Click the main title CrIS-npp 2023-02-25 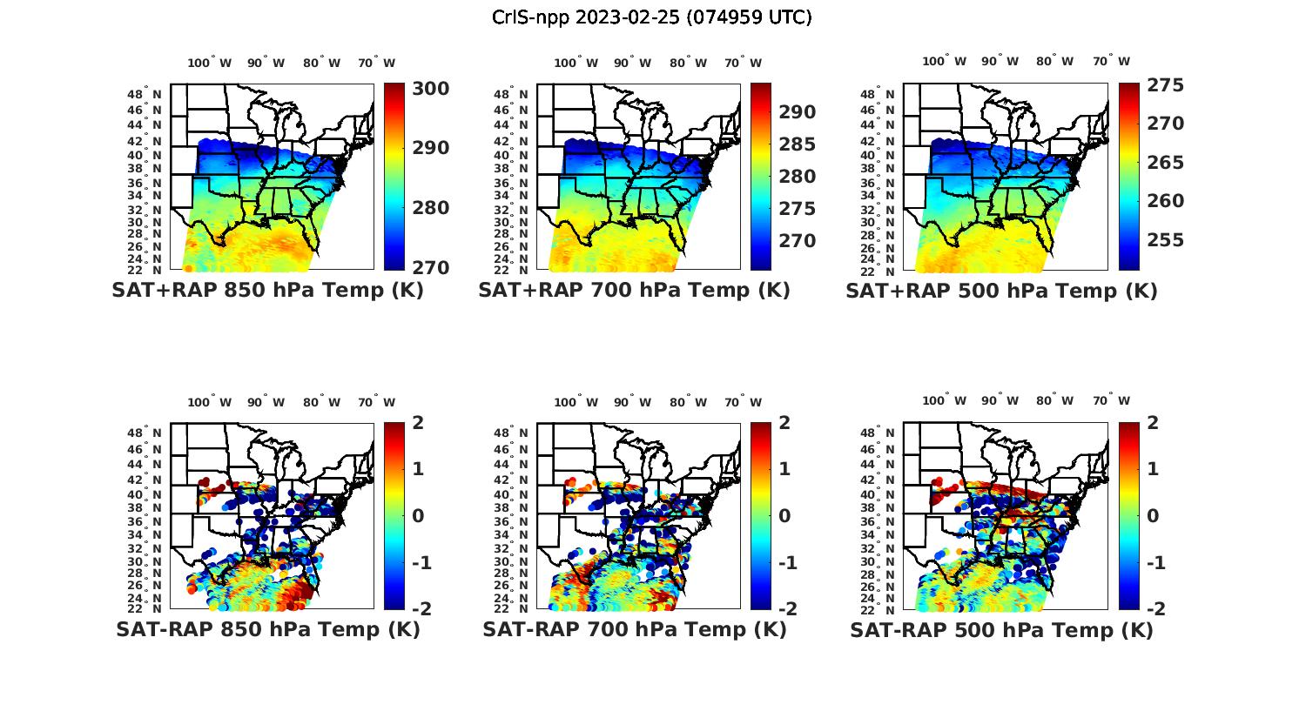click(x=651, y=17)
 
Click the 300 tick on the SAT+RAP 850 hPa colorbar click(x=430, y=89)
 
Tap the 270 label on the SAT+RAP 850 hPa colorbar click(x=430, y=267)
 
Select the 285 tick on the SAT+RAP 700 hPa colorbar click(x=798, y=144)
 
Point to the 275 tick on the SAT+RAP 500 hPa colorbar click(x=1165, y=85)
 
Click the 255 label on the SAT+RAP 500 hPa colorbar click(x=1165, y=240)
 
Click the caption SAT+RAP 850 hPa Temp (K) click(x=267, y=291)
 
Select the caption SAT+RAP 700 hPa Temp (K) click(x=634, y=291)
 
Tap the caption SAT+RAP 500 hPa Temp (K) click(x=1001, y=291)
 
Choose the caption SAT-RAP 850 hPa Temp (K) click(x=267, y=629)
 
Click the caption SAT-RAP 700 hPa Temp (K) click(x=634, y=629)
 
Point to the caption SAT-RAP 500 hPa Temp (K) click(x=1001, y=629)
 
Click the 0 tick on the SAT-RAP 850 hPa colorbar click(x=419, y=516)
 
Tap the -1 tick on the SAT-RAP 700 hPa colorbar click(x=786, y=563)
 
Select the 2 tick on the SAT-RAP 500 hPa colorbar click(x=1153, y=424)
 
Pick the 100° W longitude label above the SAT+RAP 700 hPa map click(x=576, y=63)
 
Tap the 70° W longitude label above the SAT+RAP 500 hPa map click(x=1111, y=61)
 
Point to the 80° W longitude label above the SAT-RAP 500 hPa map click(x=1054, y=400)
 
